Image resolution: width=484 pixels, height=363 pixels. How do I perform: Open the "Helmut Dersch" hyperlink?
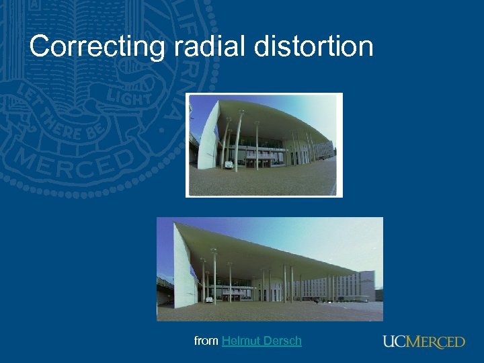click(x=261, y=341)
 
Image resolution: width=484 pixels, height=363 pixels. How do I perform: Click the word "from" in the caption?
click(x=206, y=341)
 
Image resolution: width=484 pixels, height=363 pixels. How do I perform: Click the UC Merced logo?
click(x=424, y=341)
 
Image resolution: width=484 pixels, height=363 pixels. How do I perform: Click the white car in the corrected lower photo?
click(x=209, y=298)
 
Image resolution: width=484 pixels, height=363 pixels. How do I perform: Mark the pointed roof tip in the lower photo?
click(x=176, y=223)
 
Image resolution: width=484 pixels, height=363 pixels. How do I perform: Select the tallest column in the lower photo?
click(x=214, y=276)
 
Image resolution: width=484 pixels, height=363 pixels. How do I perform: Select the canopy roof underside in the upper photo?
click(x=276, y=121)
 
